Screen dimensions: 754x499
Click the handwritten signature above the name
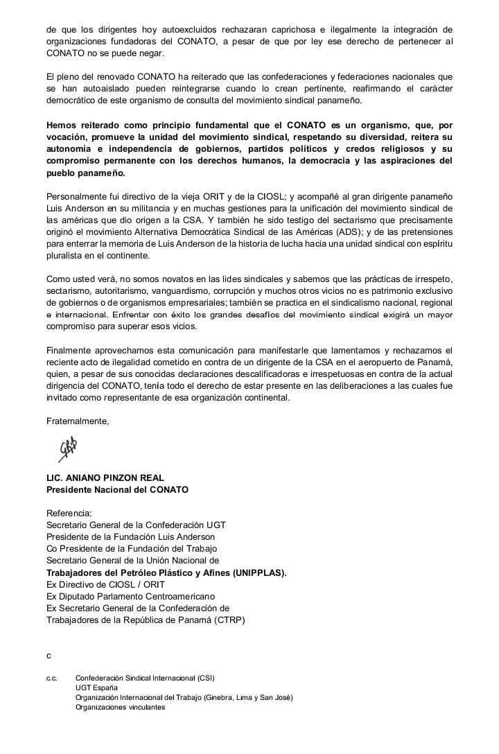pyautogui.click(x=67, y=449)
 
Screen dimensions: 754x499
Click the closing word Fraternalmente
pyautogui.click(x=78, y=421)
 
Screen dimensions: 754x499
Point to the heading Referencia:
pyautogui.click(x=69, y=514)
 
